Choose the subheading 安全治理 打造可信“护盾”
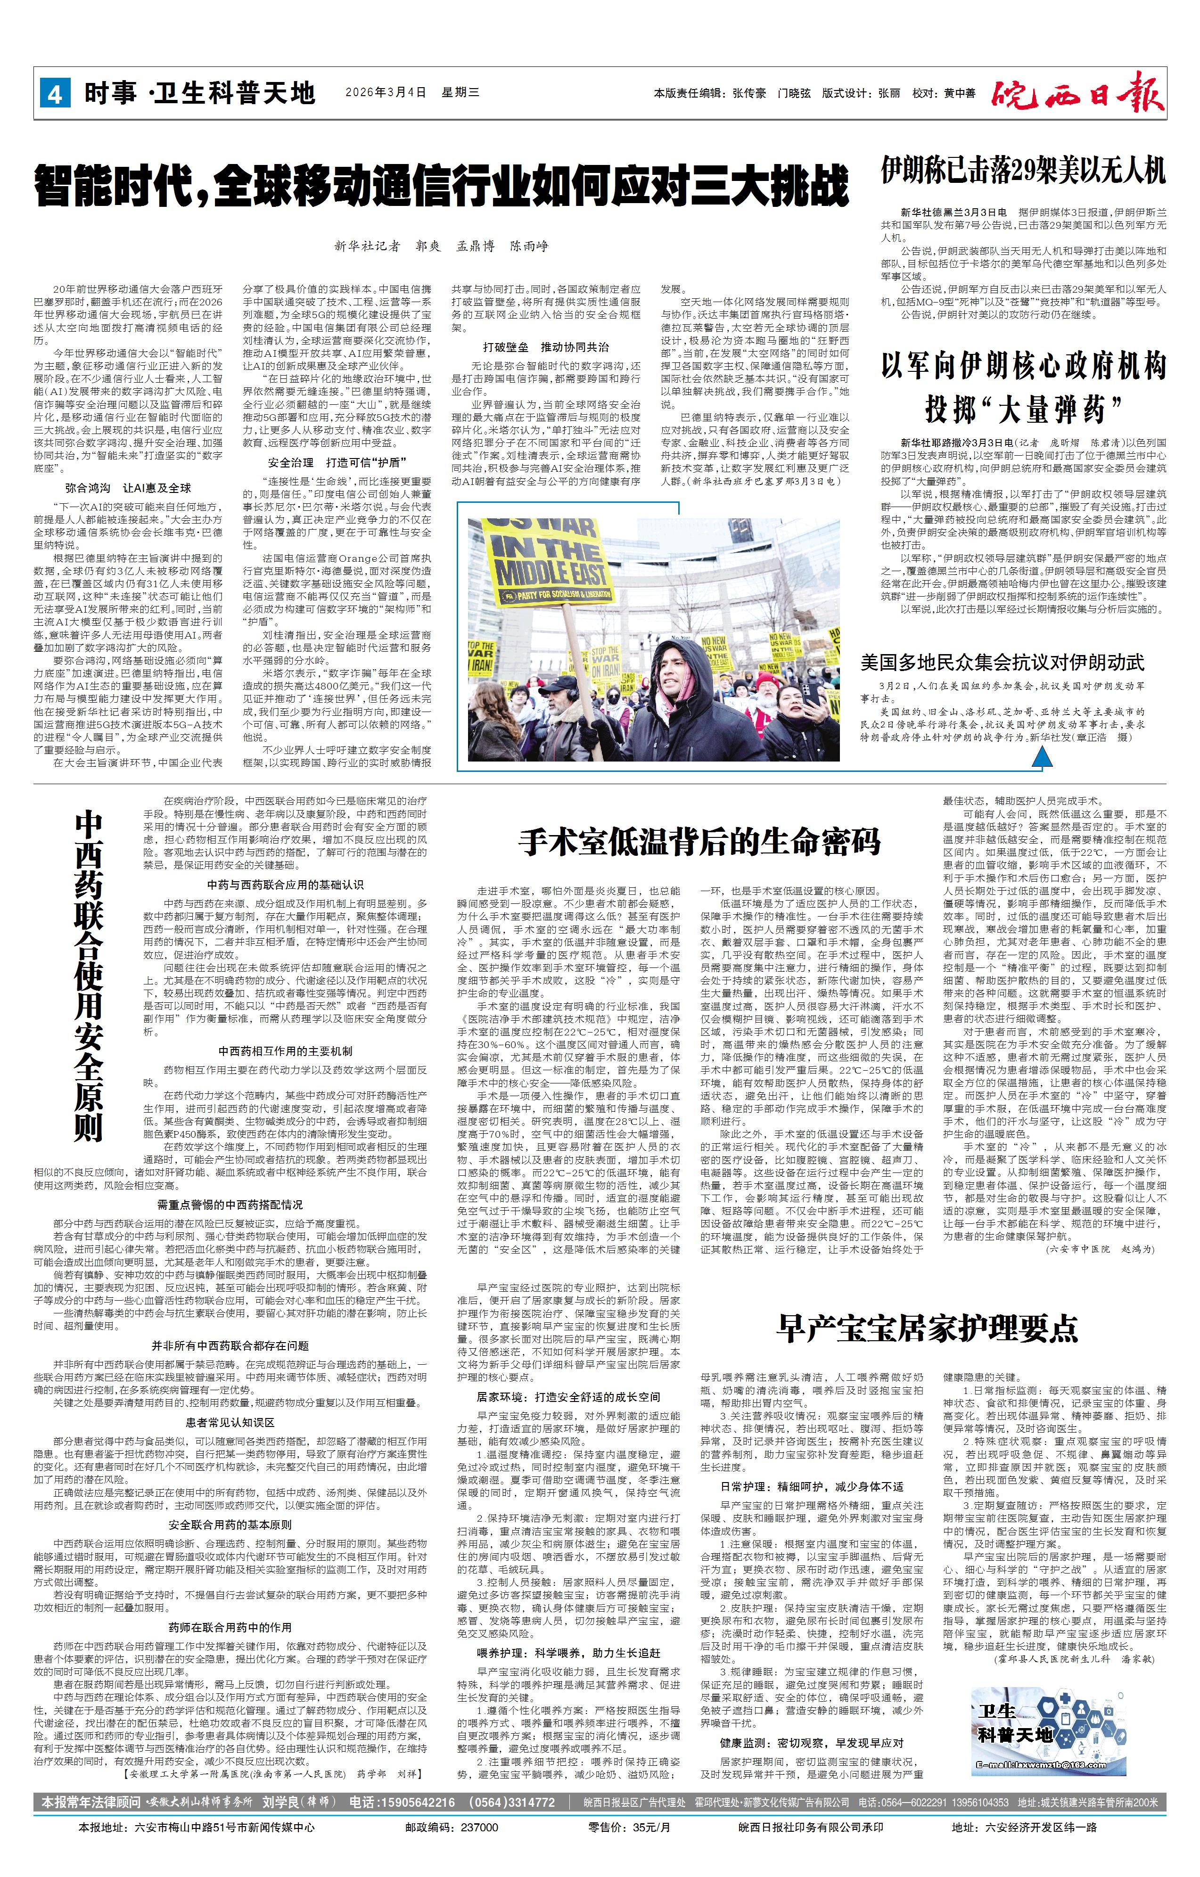[337, 462]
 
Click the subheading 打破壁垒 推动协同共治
[546, 348]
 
